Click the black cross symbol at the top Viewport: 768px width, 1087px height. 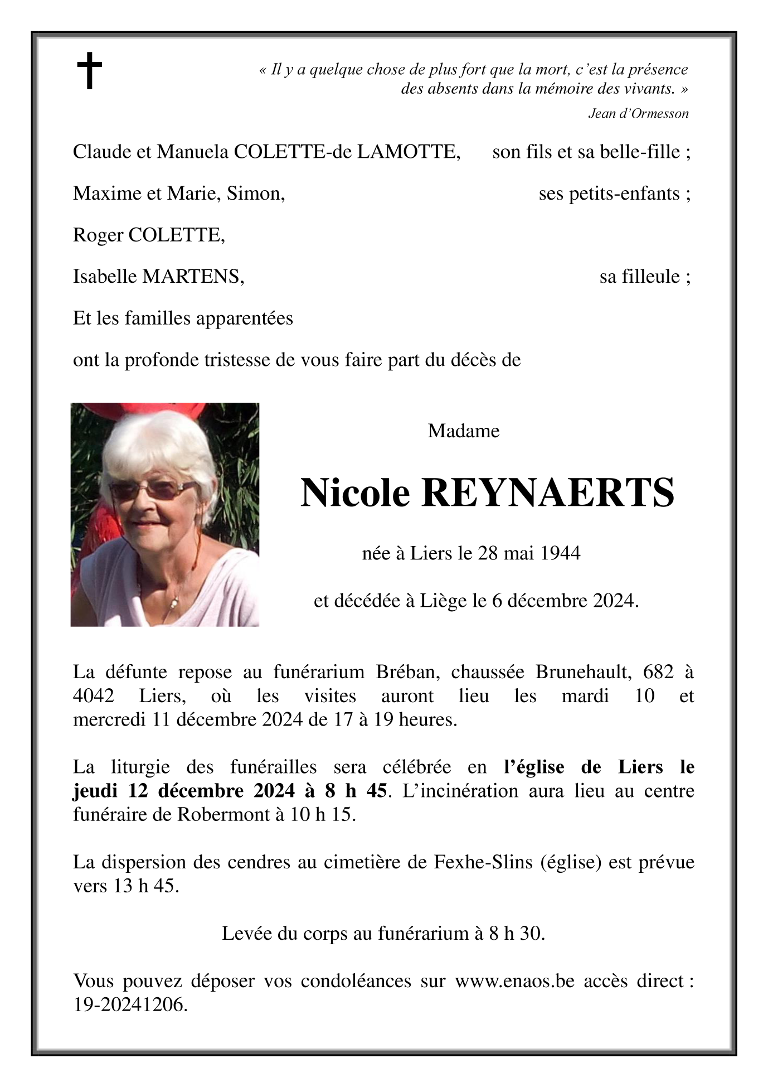89,70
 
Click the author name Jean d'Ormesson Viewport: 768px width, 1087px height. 638,114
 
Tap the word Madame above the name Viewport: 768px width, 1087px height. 463,431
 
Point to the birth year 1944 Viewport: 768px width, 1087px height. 561,553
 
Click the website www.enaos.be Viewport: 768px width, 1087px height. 514,980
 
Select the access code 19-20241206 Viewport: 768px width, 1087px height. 130,1004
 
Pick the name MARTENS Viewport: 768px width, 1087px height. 193,276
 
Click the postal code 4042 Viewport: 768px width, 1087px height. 94,696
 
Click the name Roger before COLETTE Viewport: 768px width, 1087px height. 98,235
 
